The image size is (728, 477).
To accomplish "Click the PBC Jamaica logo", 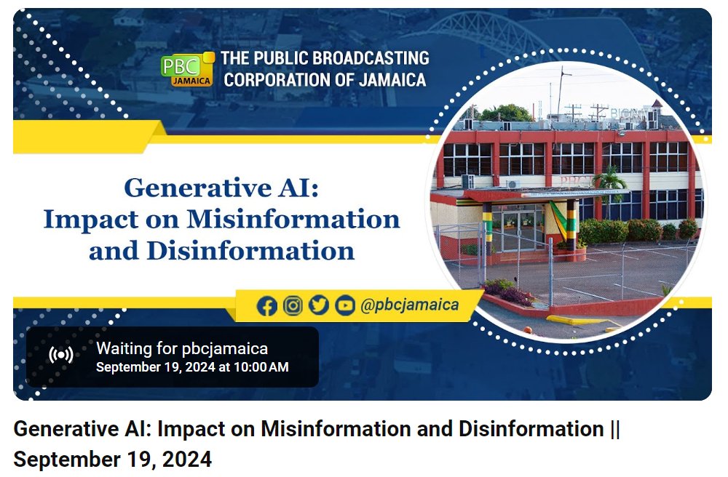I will point(187,68).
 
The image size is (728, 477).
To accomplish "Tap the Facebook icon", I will point(267,306).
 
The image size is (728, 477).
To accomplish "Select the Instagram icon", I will point(293,305).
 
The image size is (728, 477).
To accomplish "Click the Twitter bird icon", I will point(318,305).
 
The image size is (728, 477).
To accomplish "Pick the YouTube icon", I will point(344,305).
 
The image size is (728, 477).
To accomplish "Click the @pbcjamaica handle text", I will point(410,305).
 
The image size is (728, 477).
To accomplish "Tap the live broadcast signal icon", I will point(61,356).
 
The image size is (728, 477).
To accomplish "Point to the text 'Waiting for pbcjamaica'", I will point(182,348).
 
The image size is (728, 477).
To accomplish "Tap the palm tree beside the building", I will point(610,185).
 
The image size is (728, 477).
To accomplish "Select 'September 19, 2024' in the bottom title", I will point(113,460).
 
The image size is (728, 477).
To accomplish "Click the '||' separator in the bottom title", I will point(614,429).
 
